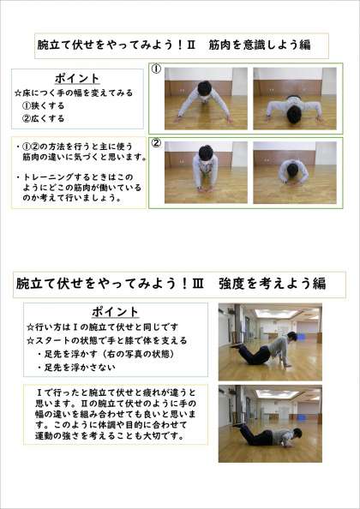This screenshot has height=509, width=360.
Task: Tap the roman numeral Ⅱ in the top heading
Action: pos(190,45)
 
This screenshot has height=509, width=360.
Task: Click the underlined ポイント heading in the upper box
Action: pos(77,79)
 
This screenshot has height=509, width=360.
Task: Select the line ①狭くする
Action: pos(43,105)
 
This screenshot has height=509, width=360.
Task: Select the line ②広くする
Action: pos(43,118)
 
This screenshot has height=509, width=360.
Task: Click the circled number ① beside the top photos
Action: pos(157,69)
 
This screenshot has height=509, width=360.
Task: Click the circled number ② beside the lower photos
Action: pos(157,143)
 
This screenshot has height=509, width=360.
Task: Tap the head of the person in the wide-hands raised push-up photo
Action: pos(205,88)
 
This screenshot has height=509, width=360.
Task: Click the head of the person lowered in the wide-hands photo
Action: pos(294,115)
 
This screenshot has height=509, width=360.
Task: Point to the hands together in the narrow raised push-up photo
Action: pos(206,189)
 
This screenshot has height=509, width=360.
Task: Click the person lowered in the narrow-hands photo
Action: pos(294,172)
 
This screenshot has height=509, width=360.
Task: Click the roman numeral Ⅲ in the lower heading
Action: pos(198,284)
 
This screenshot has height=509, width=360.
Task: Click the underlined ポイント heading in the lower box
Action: pos(115,312)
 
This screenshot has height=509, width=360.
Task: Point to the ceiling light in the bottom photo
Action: pos(278,394)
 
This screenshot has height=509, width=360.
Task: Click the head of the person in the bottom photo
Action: pos(297,433)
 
